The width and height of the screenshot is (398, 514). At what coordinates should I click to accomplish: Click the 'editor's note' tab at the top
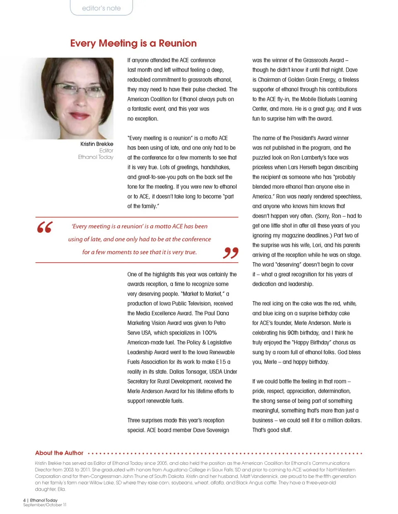point(101,8)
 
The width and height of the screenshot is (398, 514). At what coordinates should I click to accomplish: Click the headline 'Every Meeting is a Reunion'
point(133,43)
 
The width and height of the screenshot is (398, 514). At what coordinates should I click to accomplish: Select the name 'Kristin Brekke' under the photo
point(97,144)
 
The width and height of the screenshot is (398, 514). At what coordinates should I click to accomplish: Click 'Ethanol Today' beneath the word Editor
point(95,157)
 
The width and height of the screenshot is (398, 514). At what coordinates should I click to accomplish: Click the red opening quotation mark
point(44,227)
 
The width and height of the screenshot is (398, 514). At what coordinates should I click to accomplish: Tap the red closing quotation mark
point(231,252)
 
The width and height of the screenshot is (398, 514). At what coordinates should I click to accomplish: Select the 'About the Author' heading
point(59,453)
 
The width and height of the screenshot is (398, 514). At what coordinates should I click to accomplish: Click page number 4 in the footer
point(24,500)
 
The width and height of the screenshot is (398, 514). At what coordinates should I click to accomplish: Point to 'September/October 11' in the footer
point(45,505)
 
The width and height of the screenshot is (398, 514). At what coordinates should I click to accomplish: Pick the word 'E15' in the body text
point(221,362)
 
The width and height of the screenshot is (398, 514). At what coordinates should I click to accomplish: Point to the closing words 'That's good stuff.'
point(272,430)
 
